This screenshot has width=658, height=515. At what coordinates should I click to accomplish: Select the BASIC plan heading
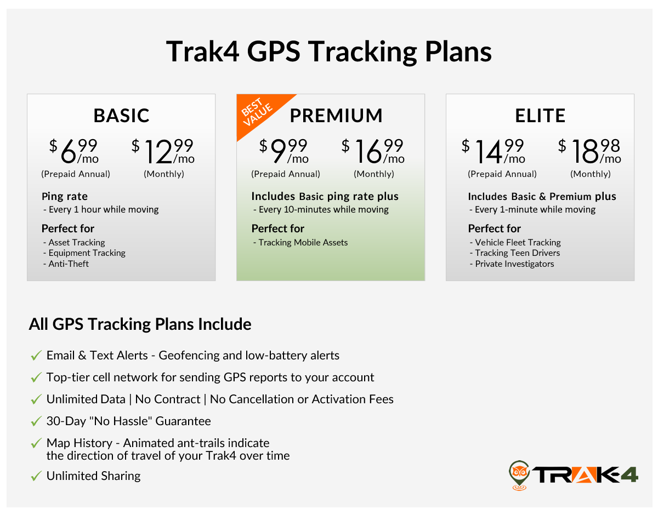click(x=121, y=116)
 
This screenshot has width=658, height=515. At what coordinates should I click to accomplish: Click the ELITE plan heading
click(x=540, y=116)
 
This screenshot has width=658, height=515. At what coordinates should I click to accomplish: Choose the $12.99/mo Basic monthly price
click(x=163, y=152)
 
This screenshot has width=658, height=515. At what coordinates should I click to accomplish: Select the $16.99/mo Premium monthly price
click(x=373, y=152)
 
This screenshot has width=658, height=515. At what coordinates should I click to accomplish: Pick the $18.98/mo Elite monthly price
click(x=590, y=152)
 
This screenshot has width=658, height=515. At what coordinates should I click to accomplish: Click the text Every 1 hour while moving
click(x=103, y=210)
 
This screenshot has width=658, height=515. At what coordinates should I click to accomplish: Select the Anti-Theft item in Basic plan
click(x=68, y=264)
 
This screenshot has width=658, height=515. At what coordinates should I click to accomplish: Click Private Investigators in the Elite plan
click(x=514, y=264)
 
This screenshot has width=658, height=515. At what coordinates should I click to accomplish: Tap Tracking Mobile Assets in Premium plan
click(x=303, y=243)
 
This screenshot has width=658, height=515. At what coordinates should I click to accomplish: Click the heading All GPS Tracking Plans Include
click(x=140, y=324)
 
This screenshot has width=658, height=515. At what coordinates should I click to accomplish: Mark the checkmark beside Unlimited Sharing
click(x=36, y=477)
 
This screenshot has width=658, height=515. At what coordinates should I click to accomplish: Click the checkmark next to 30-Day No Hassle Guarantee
click(x=36, y=422)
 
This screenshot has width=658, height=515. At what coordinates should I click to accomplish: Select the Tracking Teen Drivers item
click(x=517, y=253)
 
